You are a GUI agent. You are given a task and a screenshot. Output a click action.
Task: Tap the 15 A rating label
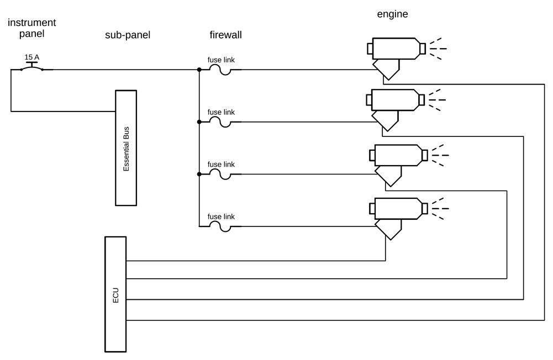(31, 57)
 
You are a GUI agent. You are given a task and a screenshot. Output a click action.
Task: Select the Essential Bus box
(126, 147)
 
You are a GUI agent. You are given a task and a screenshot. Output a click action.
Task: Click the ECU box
(115, 294)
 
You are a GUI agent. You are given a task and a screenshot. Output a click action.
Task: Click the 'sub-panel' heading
(128, 35)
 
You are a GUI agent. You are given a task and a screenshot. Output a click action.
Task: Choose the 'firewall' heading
(225, 35)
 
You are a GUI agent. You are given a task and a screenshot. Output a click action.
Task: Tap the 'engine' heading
(392, 14)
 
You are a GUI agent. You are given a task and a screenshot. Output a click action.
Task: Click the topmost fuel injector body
(395, 49)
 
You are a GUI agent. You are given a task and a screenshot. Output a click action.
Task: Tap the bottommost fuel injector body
(398, 208)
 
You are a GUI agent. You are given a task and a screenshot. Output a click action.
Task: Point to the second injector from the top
(394, 100)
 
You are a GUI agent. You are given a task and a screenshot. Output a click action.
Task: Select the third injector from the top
(398, 155)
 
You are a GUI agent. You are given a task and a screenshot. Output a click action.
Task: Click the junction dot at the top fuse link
(199, 70)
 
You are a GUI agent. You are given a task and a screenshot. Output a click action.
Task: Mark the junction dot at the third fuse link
(199, 174)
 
